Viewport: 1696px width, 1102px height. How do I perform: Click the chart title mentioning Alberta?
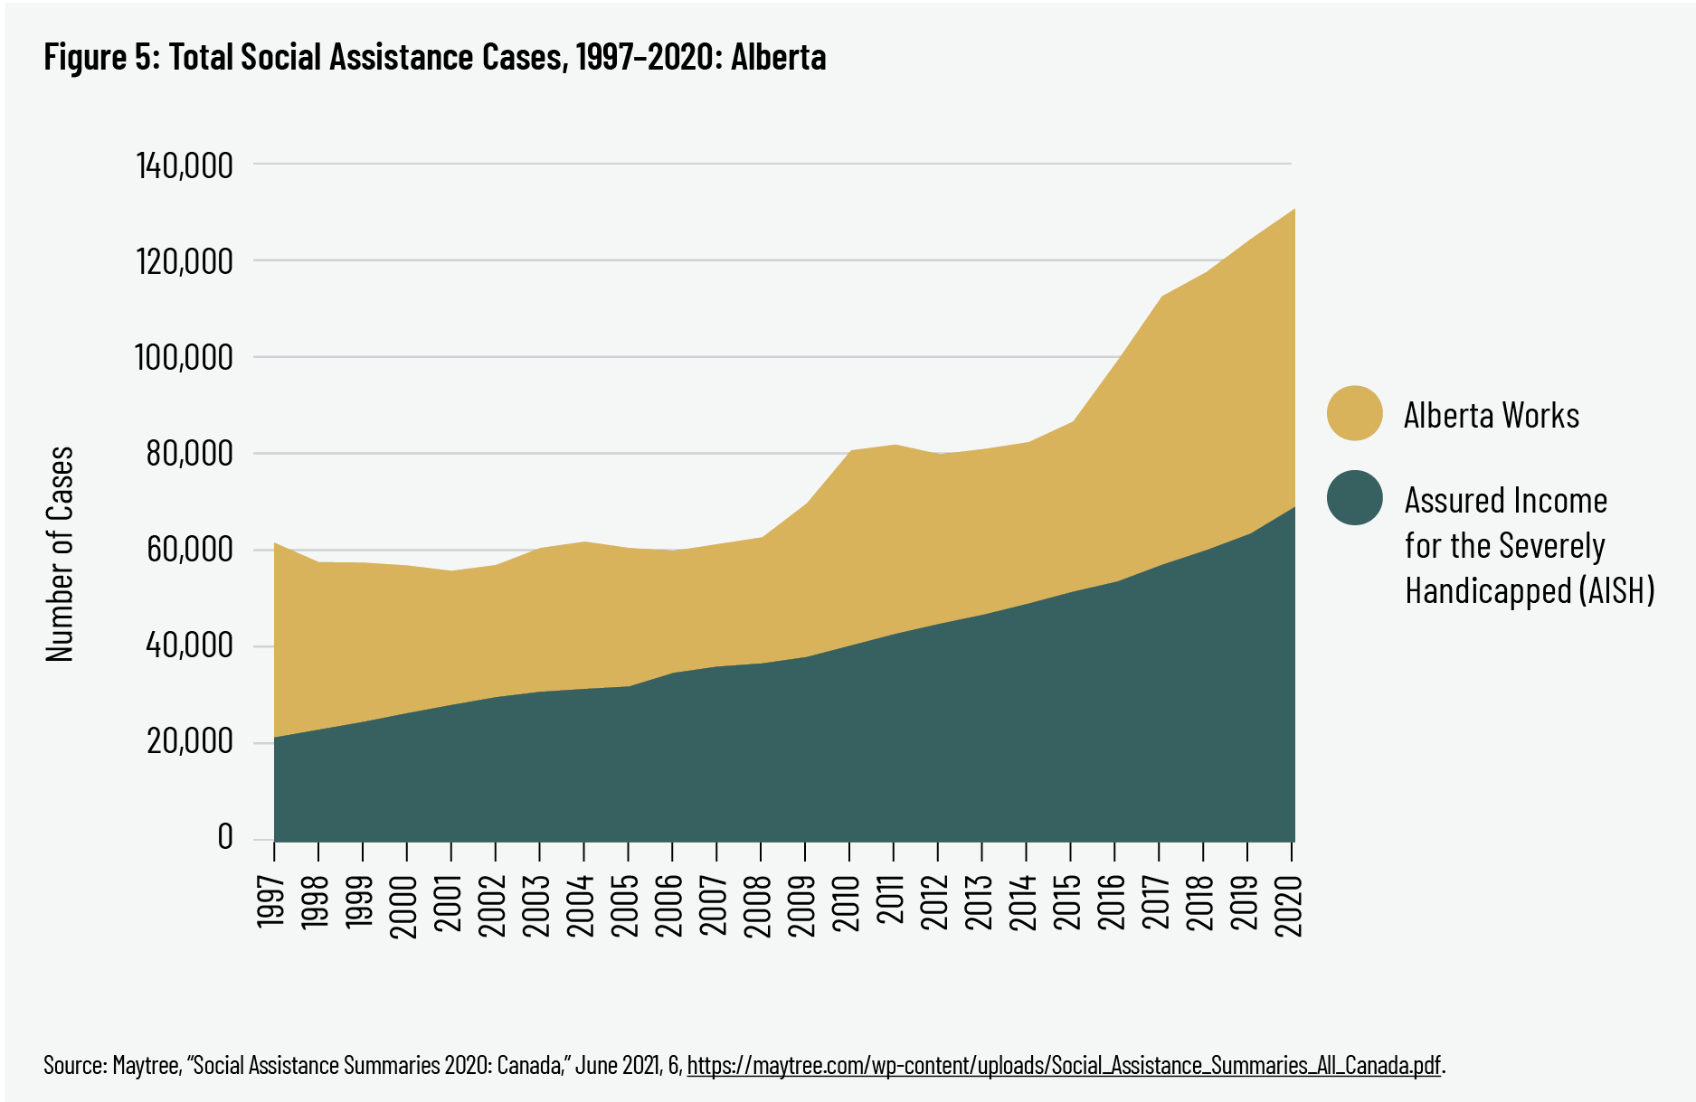click(x=434, y=57)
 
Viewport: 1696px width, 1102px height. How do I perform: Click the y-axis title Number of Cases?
click(x=60, y=553)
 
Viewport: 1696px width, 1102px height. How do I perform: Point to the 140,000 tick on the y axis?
click(x=185, y=165)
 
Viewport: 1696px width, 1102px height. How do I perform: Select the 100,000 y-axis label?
click(x=185, y=357)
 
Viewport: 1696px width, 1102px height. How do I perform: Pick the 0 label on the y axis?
click(x=225, y=837)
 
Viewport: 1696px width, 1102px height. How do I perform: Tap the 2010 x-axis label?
click(x=848, y=899)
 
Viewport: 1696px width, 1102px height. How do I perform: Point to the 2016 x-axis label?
click(x=1113, y=899)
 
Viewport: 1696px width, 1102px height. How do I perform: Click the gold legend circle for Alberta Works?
click(x=1354, y=414)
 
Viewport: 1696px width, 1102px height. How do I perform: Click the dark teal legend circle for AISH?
click(x=1354, y=497)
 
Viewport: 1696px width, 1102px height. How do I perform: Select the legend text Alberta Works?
click(x=1491, y=415)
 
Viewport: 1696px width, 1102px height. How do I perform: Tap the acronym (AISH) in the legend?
click(x=1617, y=590)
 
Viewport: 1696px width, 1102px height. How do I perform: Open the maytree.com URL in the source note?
click(x=1063, y=1065)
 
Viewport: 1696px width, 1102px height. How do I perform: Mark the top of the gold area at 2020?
click(x=1293, y=210)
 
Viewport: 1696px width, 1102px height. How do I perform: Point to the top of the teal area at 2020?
click(x=1293, y=507)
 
